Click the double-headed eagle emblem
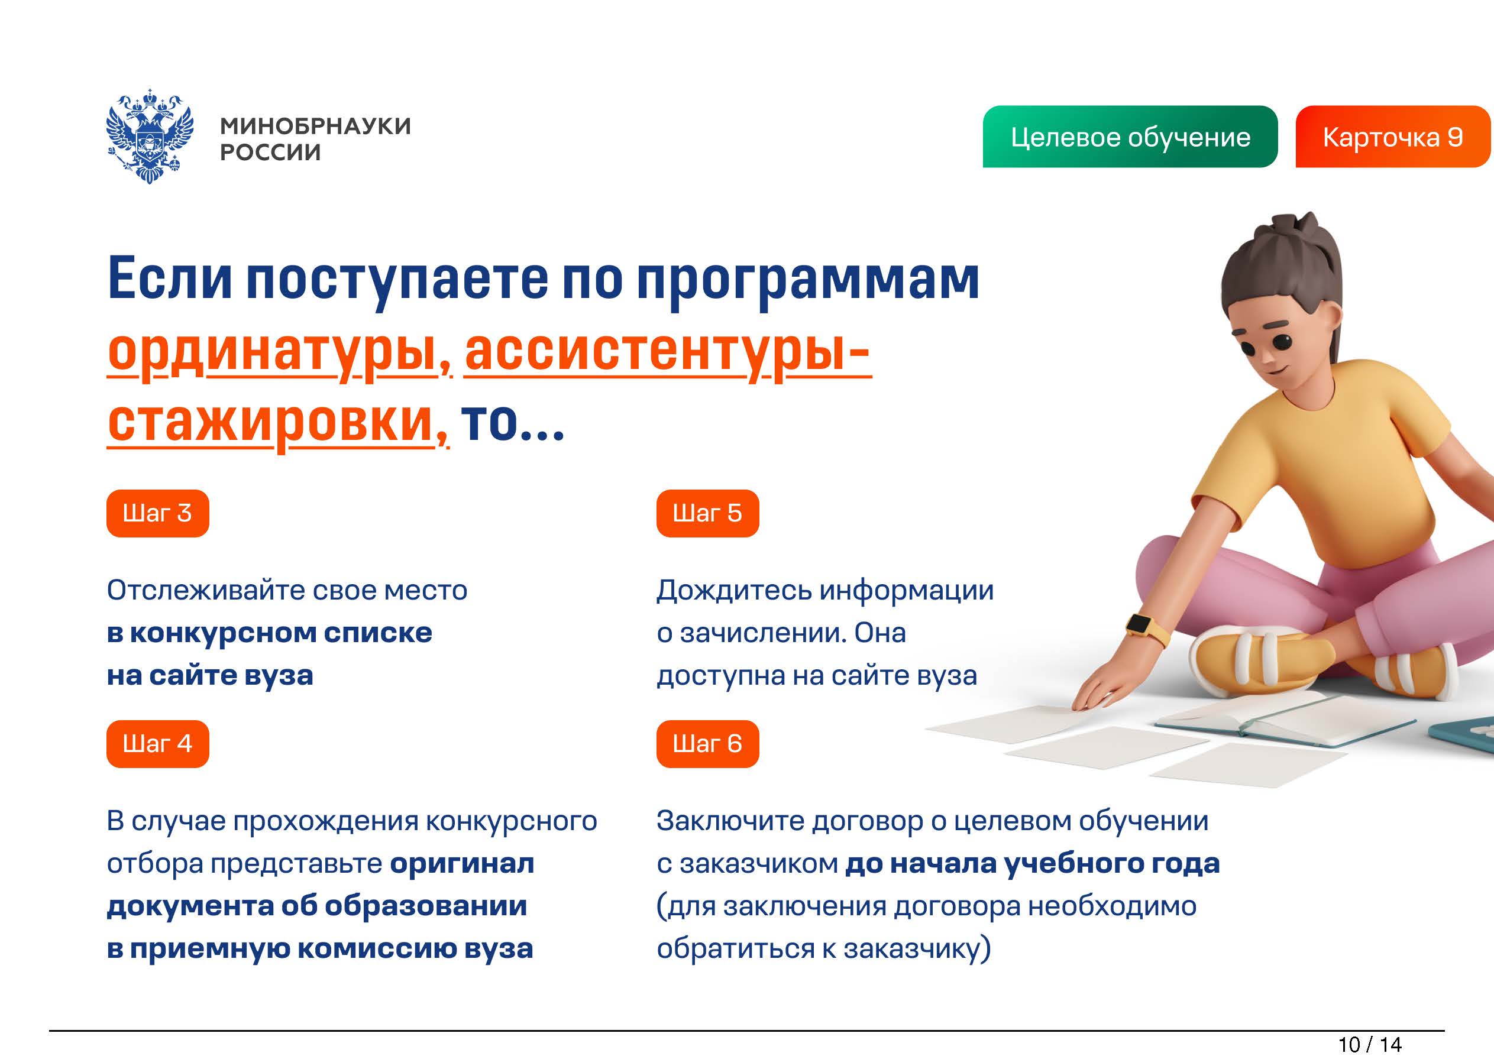click(x=150, y=136)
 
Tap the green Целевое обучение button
click(x=1130, y=137)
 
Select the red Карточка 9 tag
click(x=1393, y=137)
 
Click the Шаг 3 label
click(x=157, y=513)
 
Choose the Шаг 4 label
click(x=157, y=744)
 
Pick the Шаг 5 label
click(x=707, y=513)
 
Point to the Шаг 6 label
click(x=707, y=744)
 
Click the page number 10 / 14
click(x=1370, y=1044)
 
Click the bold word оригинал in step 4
click(x=462, y=864)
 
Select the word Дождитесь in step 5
click(x=734, y=591)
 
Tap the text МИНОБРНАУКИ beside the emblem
click(x=316, y=125)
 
